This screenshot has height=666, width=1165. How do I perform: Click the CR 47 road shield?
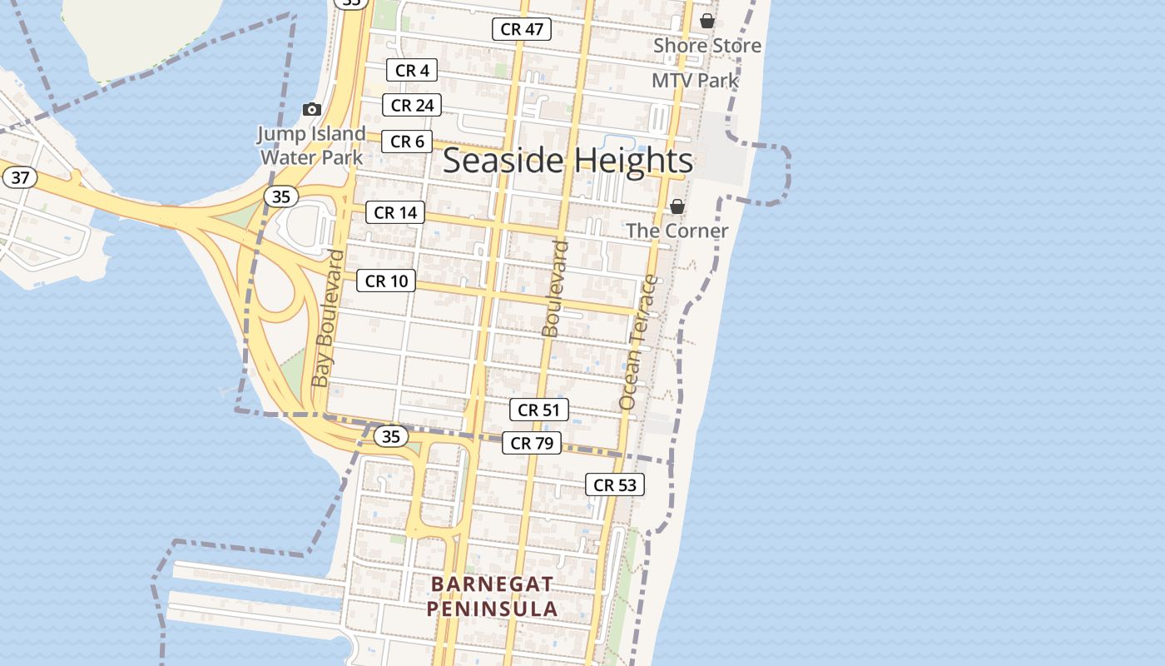coord(522,29)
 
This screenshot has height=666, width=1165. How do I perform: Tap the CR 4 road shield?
coord(412,71)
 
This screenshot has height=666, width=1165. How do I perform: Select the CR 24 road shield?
coord(412,105)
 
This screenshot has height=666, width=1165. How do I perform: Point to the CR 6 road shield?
coord(407,142)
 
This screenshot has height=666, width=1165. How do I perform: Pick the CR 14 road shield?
coord(395,212)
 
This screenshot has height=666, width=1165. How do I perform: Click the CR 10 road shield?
coord(387,281)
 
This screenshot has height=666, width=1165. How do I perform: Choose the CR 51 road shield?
coord(539,410)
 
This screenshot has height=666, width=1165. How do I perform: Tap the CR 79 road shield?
coord(532,443)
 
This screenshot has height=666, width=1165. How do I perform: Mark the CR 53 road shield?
coord(615,485)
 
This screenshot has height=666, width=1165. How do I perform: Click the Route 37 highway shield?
coord(21,177)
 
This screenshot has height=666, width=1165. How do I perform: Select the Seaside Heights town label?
coord(568,161)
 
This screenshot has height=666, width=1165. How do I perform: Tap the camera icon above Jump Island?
coord(312,109)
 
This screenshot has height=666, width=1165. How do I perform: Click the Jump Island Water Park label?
coord(311,146)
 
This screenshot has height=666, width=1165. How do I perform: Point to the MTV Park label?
coord(695,81)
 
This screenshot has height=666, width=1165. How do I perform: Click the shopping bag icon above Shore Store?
coord(706,21)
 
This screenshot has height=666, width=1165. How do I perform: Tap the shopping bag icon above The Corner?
coord(677,206)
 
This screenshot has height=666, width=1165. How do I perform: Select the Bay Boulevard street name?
coord(326,318)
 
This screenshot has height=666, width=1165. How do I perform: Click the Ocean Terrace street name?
coord(638,342)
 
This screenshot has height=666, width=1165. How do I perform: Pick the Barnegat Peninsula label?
coord(493,596)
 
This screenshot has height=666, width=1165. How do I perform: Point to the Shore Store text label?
coord(707,46)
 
